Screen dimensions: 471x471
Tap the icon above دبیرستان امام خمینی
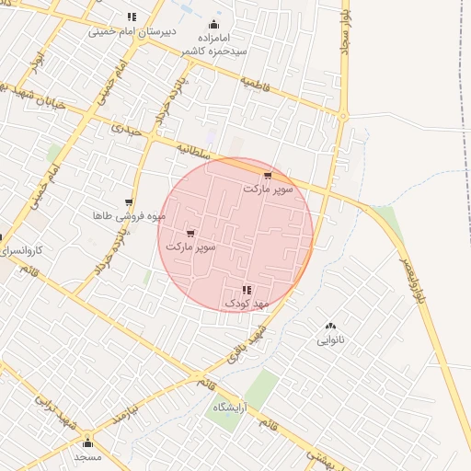coord(132,17)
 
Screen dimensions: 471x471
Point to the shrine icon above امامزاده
coord(214,24)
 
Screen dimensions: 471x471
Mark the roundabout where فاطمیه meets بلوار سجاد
coord(343,116)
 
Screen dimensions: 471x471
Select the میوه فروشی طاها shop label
coord(129,216)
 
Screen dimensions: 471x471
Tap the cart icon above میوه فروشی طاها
coord(129,202)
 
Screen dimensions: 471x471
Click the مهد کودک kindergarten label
coord(244,303)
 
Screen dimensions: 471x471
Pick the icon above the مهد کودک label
coord(246,290)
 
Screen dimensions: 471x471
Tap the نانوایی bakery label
coord(331,340)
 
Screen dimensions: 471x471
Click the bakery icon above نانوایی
coord(331,327)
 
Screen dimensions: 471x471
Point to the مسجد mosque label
coord(87,457)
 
